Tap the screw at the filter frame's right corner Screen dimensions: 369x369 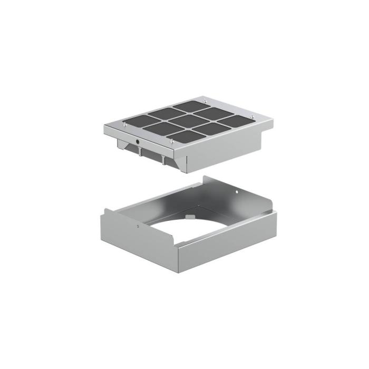(253, 116)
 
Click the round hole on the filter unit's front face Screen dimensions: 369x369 (138, 141)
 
